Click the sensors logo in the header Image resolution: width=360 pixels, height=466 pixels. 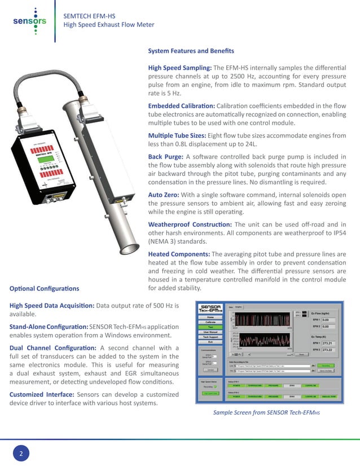click(29, 21)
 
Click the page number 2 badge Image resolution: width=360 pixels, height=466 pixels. click(21, 453)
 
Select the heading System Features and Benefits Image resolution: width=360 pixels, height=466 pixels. click(191, 51)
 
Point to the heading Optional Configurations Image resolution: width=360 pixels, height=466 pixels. click(44, 289)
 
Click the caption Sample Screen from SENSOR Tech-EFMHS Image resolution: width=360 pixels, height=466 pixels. click(266, 413)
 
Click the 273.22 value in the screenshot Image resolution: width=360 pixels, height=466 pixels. click(328, 350)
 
